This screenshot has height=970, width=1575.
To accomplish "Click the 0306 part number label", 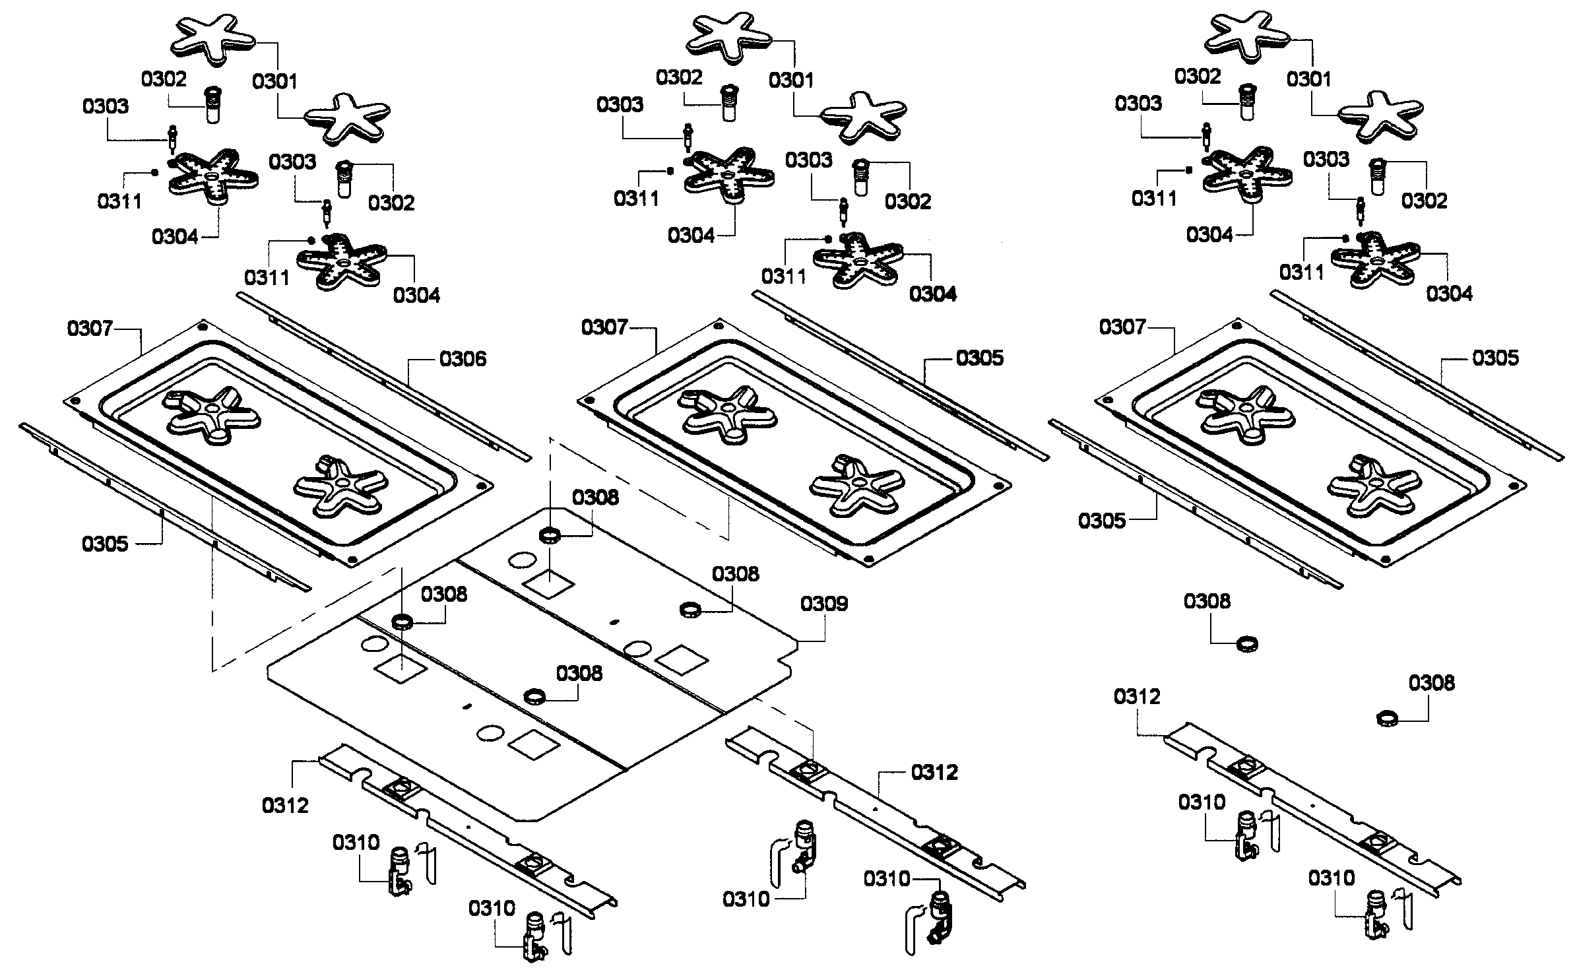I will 463,359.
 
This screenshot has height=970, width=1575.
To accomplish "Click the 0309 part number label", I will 823,604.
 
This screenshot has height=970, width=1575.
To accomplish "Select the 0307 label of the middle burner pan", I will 604,327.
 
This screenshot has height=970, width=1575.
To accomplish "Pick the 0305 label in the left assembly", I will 105,544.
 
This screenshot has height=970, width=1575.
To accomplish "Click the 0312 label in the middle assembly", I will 934,772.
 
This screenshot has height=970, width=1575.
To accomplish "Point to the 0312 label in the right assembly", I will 1137,696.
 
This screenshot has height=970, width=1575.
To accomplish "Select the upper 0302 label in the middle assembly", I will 679,77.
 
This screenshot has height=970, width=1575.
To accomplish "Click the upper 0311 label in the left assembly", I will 119,201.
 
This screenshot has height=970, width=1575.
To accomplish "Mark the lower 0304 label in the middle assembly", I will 932,294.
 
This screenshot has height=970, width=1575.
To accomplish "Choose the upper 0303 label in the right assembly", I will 1138,104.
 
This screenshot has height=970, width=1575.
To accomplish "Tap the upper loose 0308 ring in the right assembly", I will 1246,643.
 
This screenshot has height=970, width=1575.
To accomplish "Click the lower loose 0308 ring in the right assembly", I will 1388,718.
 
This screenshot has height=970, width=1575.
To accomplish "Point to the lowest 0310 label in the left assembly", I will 492,909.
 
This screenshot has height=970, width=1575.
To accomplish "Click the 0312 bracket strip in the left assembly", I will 462,825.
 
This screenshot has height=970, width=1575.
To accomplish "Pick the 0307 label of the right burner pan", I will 1122,327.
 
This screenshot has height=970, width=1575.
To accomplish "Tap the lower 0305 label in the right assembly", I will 1101,521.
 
